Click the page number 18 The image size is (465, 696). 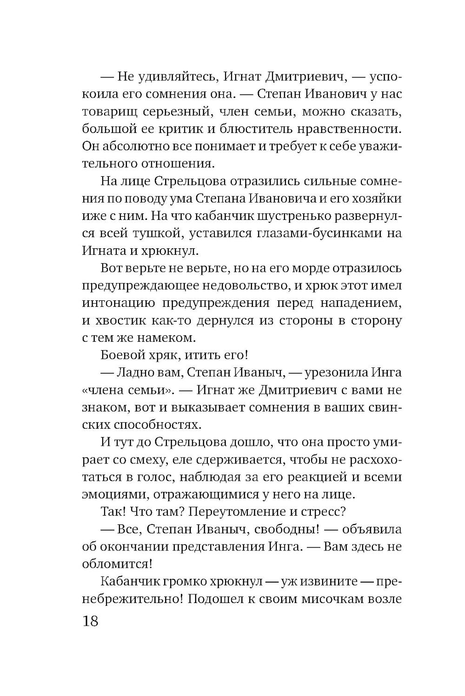(90, 621)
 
